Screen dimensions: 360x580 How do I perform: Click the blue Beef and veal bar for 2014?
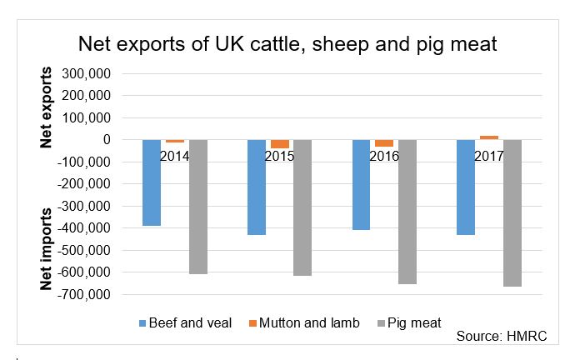151,182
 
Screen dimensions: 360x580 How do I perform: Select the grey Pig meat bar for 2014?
197,207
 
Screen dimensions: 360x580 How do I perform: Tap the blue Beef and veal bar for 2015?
256,187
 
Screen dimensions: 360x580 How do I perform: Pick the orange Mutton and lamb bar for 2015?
279,143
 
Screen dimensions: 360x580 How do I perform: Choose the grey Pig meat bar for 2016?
407,212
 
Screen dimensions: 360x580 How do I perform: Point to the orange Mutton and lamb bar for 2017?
489,137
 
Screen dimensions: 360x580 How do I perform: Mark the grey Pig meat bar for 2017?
512,212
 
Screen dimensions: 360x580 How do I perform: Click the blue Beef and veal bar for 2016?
361,184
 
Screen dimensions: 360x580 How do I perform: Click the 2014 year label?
174,156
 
